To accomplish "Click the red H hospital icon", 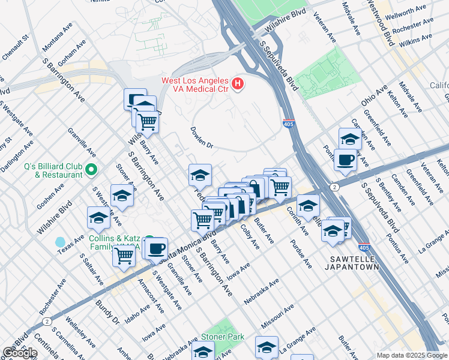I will (238, 83).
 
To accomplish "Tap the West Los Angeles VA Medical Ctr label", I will (194, 86).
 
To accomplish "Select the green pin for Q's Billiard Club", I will (91, 170).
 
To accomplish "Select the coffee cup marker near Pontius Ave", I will (345, 160).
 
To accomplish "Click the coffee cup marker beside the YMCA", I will (156, 247).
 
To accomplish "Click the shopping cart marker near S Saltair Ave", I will (124, 256).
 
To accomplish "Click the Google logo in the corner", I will (19, 352).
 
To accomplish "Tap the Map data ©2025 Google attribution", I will (412, 355).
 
